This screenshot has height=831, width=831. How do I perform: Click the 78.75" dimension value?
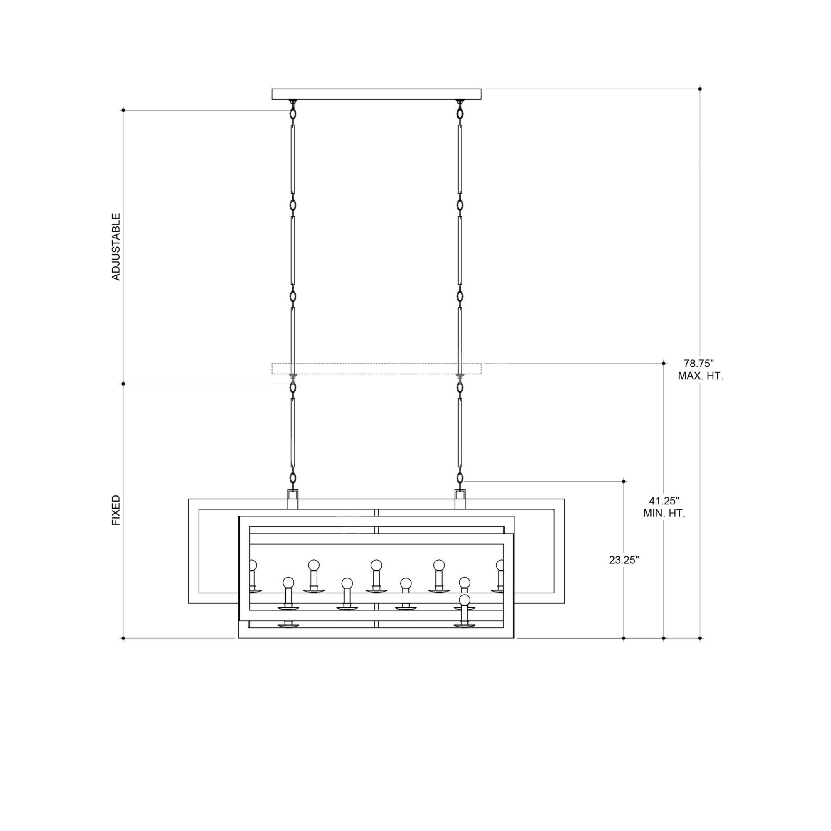(698, 363)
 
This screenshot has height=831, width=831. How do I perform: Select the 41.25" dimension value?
(664, 501)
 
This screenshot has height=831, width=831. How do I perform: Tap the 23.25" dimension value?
(624, 560)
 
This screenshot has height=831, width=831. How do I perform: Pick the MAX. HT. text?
(701, 376)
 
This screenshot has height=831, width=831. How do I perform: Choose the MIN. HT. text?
(664, 514)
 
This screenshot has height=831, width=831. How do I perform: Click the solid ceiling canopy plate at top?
(376, 94)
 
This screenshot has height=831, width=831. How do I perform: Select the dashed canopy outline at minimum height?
(376, 369)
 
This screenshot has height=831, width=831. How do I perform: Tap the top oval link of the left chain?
(293, 114)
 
